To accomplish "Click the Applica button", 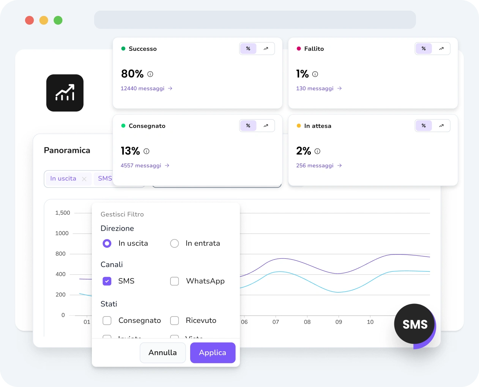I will (x=213, y=352).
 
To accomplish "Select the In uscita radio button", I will (x=107, y=243).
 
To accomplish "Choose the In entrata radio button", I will (x=175, y=243).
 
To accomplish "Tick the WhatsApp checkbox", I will (x=175, y=281).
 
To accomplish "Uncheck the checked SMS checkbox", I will (x=107, y=281).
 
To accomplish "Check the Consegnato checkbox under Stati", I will (x=107, y=321).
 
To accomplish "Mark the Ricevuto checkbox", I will (x=175, y=321).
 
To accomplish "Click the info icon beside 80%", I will (x=150, y=74).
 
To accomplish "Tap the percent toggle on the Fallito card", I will (x=424, y=49).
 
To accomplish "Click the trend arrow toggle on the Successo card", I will (x=266, y=49).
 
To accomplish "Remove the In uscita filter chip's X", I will (x=84, y=179).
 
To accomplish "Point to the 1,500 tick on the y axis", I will (x=63, y=213).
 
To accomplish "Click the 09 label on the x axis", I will (x=339, y=322).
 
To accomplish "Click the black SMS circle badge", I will (x=414, y=324).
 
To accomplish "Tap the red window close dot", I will (x=30, y=20).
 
